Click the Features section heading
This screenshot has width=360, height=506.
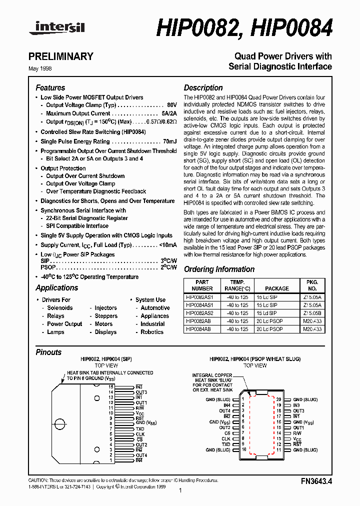tap(50, 87)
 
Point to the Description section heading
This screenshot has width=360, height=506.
tap(203, 87)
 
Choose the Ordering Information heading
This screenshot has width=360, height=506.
tap(219, 269)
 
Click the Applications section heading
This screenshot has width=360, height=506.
tap(56, 287)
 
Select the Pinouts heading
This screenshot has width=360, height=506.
tap(48, 352)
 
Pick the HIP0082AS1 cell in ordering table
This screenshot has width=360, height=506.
tap(199, 296)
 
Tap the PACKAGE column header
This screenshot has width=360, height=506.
tap(276, 288)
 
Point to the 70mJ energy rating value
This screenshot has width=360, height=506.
tap(169, 141)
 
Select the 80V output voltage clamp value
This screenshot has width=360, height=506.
tap(171, 105)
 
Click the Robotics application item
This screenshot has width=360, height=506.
tap(152, 332)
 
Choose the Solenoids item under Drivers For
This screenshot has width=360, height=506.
tap(60, 308)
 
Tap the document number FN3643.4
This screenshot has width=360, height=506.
tap(316, 481)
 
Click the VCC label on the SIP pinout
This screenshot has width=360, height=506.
tap(140, 413)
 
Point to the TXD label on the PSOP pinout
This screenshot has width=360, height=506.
tap(225, 444)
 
